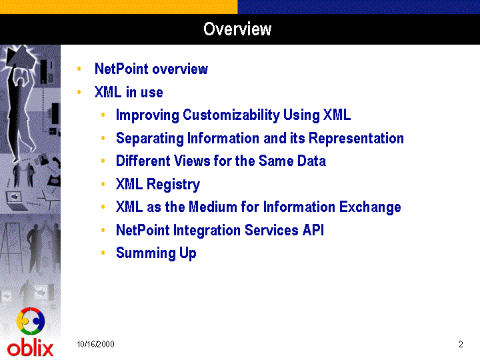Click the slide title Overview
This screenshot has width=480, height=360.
click(237, 29)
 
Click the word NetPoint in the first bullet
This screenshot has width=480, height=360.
click(121, 69)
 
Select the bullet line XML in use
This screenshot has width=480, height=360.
click(129, 92)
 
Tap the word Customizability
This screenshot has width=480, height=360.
click(231, 115)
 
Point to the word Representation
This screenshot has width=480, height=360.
click(356, 139)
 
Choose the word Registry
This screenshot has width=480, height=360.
click(173, 185)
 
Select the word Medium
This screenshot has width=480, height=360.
click(213, 207)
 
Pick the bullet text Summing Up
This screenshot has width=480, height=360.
click(156, 253)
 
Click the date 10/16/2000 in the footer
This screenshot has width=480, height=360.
click(95, 344)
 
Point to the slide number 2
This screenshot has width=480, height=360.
click(461, 344)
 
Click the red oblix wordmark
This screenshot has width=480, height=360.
click(30, 349)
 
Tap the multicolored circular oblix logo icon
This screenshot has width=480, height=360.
click(31, 321)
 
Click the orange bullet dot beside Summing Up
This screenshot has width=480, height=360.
click(103, 253)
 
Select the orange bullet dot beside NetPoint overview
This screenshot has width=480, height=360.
click(79, 69)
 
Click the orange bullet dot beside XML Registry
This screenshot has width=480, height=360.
click(103, 184)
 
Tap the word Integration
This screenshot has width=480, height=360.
click(207, 231)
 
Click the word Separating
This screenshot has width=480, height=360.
click(150, 139)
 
